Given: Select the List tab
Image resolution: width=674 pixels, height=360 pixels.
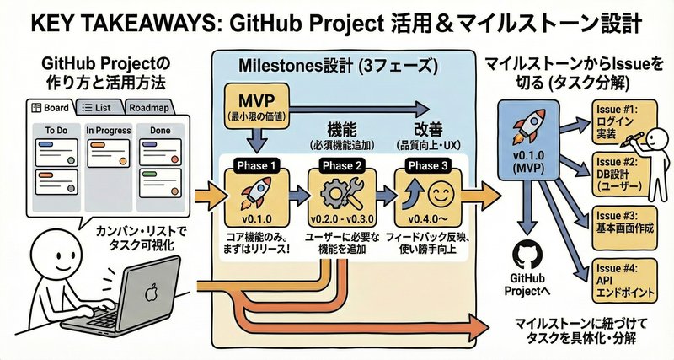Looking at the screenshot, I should [99, 108].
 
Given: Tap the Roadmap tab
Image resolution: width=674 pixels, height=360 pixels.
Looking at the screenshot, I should [150, 108].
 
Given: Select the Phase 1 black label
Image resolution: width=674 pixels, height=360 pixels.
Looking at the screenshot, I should [260, 165].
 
